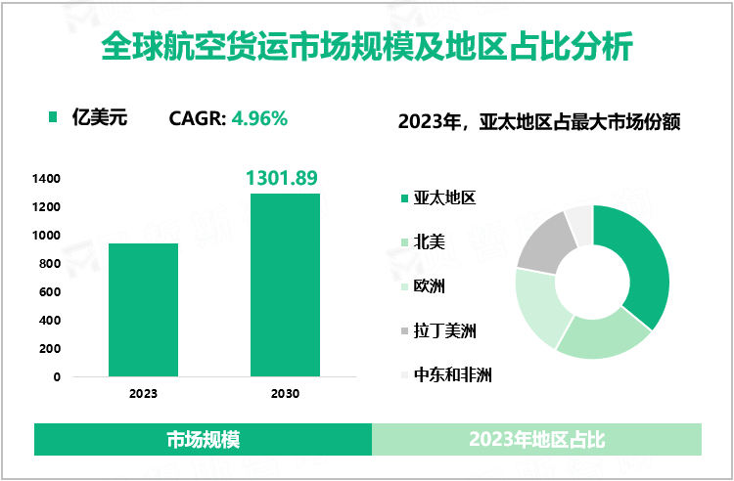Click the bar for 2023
(x=142, y=309)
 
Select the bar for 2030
(x=285, y=284)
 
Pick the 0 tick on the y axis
(x=57, y=377)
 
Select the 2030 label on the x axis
(x=285, y=394)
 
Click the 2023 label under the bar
(x=143, y=394)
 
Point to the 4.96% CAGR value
(x=259, y=119)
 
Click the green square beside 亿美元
(x=54, y=119)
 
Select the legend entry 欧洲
(x=430, y=285)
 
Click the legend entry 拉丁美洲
(x=445, y=329)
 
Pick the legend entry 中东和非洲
(x=452, y=373)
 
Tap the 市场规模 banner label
(x=204, y=440)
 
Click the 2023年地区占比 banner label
(x=536, y=440)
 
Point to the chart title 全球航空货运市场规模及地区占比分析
(x=367, y=46)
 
